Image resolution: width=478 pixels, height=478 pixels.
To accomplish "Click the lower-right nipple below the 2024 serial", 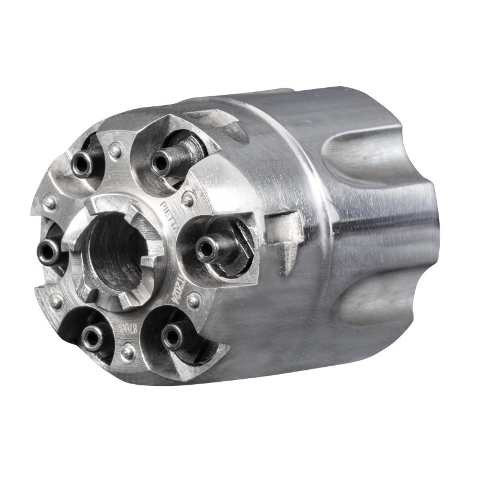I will point(172,337).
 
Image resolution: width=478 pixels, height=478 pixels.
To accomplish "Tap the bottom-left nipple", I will point(92,338).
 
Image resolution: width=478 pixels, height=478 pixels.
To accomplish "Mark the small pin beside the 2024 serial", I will point(193,301).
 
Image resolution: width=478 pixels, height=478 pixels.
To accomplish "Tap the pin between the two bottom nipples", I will point(128,351).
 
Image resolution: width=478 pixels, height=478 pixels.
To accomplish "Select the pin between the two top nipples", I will point(115,150).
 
